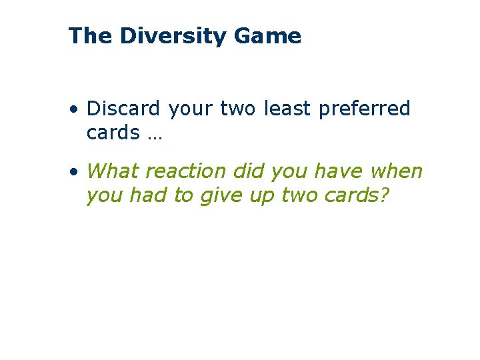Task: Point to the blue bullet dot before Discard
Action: click(77, 109)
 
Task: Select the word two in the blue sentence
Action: click(237, 109)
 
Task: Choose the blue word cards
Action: click(113, 133)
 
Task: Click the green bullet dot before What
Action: click(77, 172)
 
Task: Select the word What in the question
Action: click(113, 171)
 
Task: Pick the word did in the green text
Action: click(248, 171)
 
